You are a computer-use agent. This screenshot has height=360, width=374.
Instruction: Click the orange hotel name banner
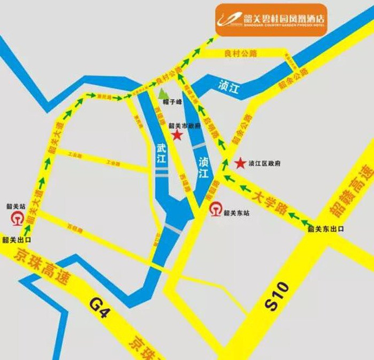pos(272,19)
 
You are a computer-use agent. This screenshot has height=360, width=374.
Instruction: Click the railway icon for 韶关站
pos(17,217)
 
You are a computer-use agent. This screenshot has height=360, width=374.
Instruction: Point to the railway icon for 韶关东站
pos(215,209)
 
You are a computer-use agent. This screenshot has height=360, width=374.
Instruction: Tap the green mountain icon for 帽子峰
pos(161,92)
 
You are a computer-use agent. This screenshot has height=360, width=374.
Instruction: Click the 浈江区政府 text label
pos(265,164)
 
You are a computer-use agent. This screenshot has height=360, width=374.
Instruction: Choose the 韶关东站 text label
pos(237,212)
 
